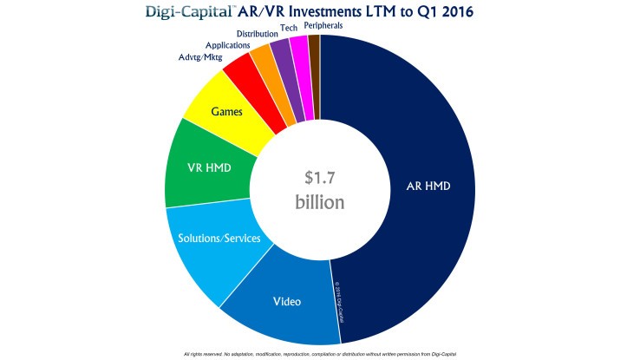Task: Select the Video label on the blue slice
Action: coord(287,302)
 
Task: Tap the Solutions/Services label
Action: coord(219,238)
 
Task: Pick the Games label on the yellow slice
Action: coord(226,111)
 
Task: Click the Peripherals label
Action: coord(323,25)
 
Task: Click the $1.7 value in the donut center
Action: coord(319,178)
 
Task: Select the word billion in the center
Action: coord(319,202)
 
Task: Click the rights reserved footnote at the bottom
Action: coord(319,354)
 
